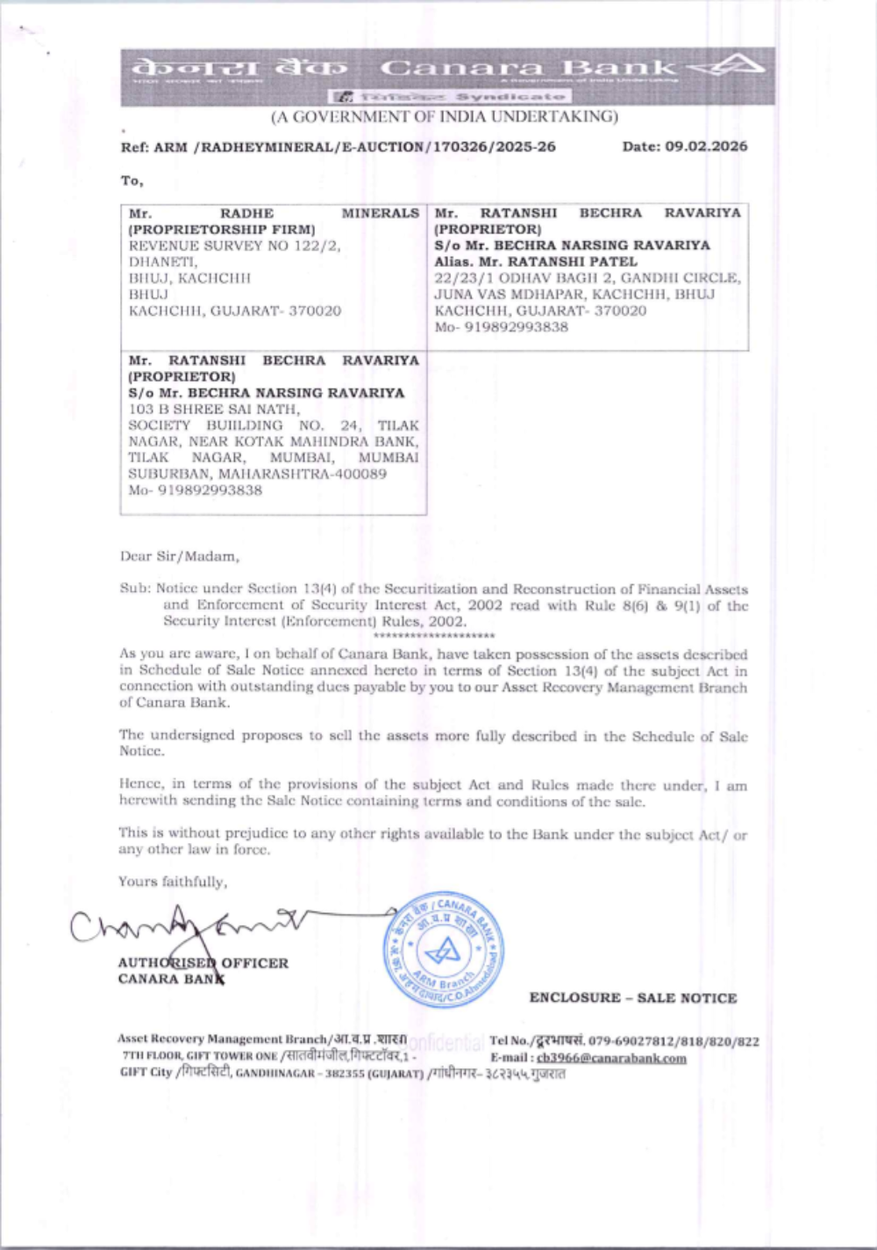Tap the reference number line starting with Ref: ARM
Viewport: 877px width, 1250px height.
click(338, 146)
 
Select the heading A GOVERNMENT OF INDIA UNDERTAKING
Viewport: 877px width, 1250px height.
click(444, 117)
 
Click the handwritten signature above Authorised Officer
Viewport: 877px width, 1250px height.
click(189, 923)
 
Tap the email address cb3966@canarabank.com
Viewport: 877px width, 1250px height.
click(611, 1058)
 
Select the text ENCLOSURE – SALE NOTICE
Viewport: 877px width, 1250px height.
click(632, 998)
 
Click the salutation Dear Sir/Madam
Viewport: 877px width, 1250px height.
click(180, 556)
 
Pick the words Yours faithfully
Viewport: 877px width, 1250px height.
click(173, 882)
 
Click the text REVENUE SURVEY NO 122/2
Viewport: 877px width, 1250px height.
click(234, 246)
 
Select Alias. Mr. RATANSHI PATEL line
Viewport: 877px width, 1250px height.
click(536, 261)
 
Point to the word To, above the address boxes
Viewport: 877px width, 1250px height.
click(132, 181)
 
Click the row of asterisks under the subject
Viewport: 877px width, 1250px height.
click(433, 635)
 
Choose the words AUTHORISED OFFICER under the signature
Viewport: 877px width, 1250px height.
click(203, 963)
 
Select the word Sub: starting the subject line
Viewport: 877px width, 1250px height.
click(136, 589)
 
